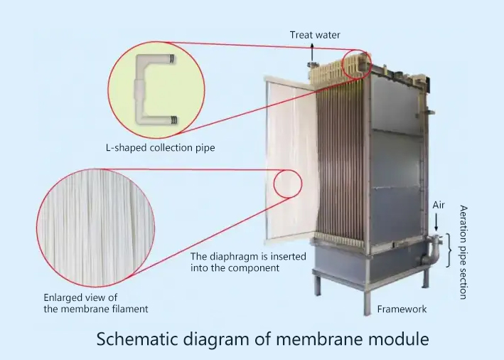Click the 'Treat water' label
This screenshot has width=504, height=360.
click(x=315, y=35)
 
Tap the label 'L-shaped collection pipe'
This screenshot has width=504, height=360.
click(x=161, y=148)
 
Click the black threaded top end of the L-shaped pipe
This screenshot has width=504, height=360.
click(x=172, y=59)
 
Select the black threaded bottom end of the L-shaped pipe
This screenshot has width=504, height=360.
click(x=173, y=120)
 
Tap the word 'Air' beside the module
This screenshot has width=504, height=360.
click(x=439, y=205)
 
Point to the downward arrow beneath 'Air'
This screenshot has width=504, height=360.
click(x=436, y=222)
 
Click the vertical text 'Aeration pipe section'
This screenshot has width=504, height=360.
click(x=463, y=253)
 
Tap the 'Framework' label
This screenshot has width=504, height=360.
click(x=402, y=309)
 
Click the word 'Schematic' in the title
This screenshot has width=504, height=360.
click(x=137, y=339)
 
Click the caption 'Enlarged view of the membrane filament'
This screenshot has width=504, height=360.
click(x=96, y=303)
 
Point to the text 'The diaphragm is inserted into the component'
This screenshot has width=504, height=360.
click(x=248, y=263)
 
